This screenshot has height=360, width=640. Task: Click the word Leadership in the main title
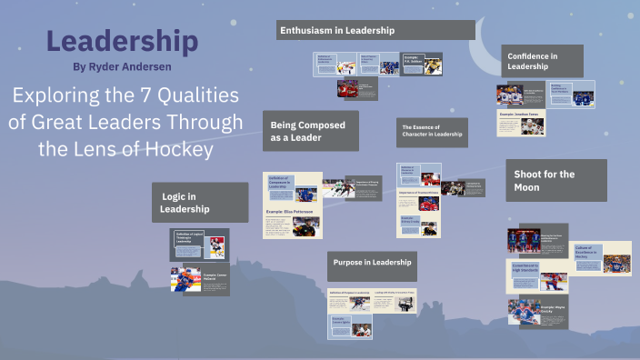(122, 42)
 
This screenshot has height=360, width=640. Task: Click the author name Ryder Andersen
(122, 66)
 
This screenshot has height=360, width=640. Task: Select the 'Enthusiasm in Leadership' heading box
(375, 30)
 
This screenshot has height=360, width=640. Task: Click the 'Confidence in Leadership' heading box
(544, 61)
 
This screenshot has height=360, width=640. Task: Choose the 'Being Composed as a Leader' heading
(309, 131)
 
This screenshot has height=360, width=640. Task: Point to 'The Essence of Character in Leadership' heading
(433, 132)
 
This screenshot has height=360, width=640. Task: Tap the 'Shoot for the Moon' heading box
(544, 180)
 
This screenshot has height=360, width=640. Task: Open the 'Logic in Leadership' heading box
(199, 203)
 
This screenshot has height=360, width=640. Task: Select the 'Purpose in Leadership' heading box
(372, 263)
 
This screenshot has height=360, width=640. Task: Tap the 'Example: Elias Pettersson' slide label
(290, 212)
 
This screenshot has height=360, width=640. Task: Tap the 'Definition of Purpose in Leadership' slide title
(350, 293)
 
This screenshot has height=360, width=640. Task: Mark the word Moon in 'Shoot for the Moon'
(526, 187)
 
